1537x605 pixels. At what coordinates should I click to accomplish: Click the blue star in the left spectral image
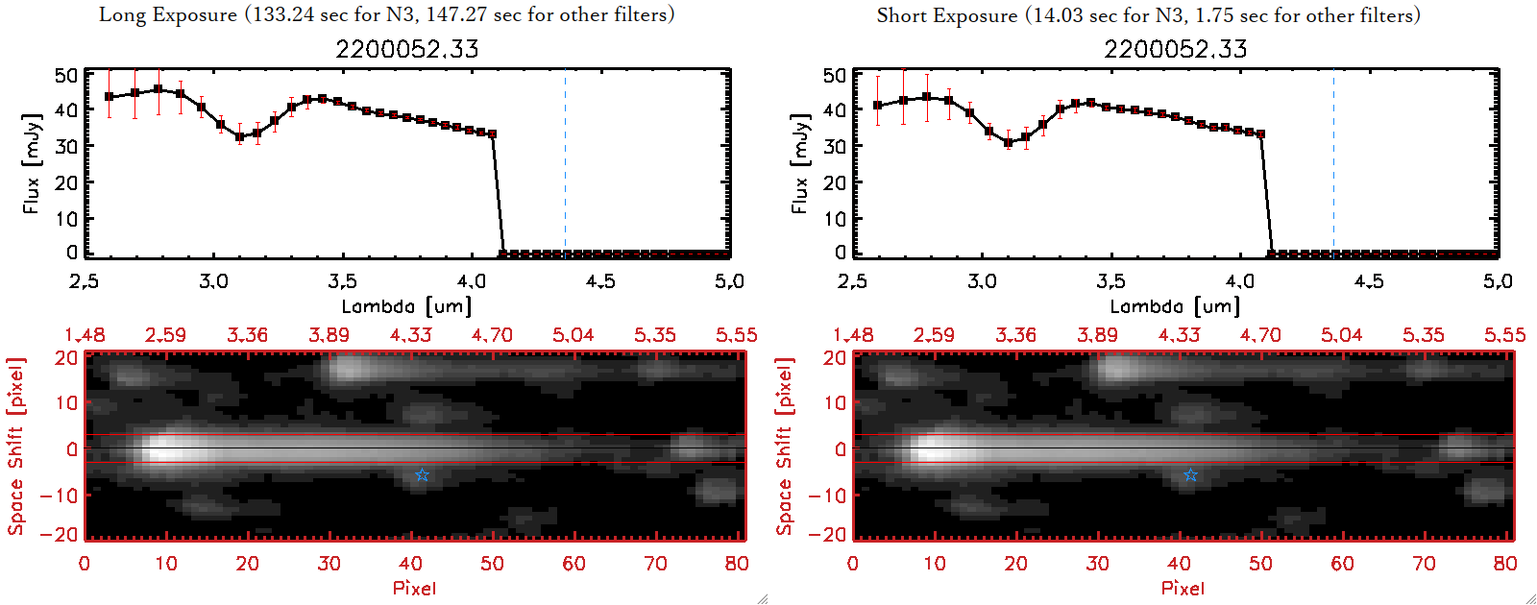click(x=422, y=475)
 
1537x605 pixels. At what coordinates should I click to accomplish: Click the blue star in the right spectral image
click(x=1190, y=475)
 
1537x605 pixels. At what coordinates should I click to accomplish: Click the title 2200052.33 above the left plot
click(x=406, y=49)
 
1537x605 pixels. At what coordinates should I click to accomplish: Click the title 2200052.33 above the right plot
click(x=1175, y=49)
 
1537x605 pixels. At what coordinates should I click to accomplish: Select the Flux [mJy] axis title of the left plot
click(x=32, y=163)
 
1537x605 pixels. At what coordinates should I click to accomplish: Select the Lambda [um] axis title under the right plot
click(x=1175, y=306)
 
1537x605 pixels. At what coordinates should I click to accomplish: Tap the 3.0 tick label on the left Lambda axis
click(x=213, y=281)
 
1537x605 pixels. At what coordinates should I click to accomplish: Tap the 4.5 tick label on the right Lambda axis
click(x=1369, y=281)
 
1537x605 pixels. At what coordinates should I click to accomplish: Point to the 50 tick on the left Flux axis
click(x=66, y=75)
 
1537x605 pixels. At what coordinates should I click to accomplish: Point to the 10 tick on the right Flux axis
click(x=835, y=218)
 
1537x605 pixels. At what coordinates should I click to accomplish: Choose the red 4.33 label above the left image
click(x=410, y=335)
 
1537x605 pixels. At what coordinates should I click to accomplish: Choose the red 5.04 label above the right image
click(x=1341, y=335)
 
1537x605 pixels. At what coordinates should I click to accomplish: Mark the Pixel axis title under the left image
click(x=414, y=588)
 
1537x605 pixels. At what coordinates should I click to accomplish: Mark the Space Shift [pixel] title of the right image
click(x=785, y=447)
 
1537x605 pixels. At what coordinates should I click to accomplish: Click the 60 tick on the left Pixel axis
click(x=573, y=564)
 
